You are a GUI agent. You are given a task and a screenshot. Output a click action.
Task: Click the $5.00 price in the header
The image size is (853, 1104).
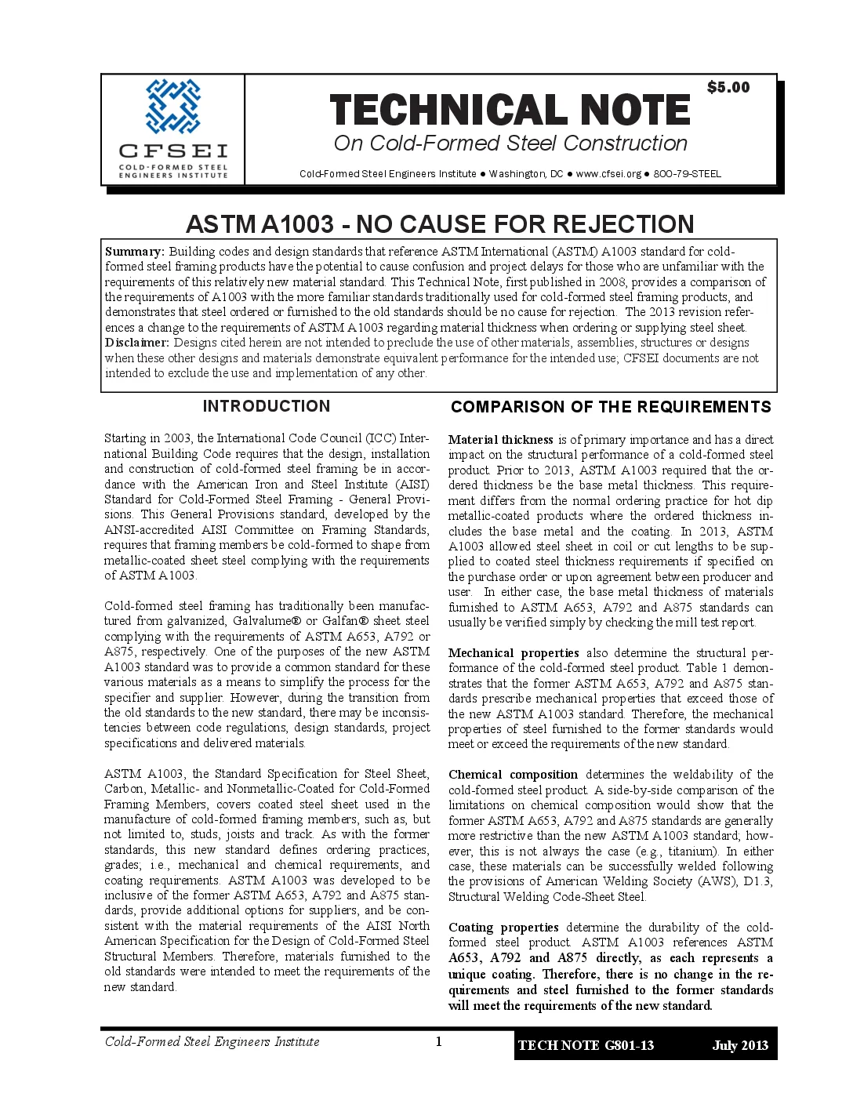(x=728, y=88)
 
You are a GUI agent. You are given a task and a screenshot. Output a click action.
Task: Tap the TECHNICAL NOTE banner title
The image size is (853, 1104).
(x=510, y=111)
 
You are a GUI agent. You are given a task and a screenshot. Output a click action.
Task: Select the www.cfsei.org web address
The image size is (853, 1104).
(x=608, y=174)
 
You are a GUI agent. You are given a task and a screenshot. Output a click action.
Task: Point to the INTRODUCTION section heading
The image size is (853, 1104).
(x=267, y=406)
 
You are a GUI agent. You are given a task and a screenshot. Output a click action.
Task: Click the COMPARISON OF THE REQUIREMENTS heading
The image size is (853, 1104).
(x=611, y=407)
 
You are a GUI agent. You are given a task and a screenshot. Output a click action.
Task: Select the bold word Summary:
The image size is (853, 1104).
(x=135, y=252)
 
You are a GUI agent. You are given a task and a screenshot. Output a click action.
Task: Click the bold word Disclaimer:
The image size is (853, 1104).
(x=137, y=343)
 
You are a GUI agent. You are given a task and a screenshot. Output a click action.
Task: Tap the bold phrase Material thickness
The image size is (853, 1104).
(x=501, y=440)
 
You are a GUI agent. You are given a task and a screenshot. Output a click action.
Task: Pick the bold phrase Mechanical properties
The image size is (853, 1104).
(x=514, y=653)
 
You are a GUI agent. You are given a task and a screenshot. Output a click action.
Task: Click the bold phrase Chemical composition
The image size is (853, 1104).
(x=513, y=775)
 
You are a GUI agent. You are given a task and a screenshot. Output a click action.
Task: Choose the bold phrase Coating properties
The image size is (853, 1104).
(x=503, y=928)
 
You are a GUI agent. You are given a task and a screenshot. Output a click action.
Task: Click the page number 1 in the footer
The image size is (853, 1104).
(x=439, y=1041)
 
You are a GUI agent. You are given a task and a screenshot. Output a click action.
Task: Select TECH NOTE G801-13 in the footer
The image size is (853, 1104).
(x=586, y=1045)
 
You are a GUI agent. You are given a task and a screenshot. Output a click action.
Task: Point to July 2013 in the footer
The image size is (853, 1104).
(x=740, y=1045)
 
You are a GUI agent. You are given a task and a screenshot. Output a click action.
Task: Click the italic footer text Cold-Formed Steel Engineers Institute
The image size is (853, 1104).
(x=212, y=1042)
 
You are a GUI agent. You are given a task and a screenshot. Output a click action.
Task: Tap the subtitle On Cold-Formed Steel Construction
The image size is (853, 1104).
(x=510, y=143)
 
